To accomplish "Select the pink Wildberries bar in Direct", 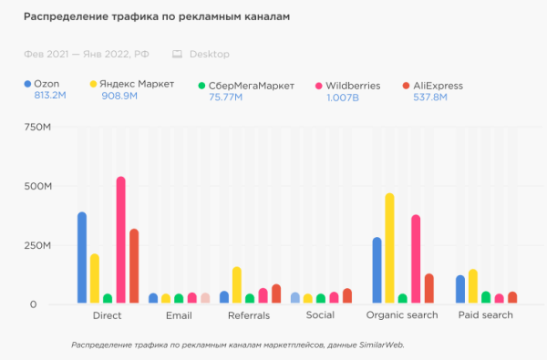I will tap(120, 241).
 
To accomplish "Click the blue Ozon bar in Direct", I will tap(82, 258).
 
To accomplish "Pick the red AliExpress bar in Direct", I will tap(134, 266).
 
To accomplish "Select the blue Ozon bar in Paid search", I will tap(460, 290).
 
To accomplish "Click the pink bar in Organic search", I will tap(416, 260).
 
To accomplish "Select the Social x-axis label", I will tap(319, 315).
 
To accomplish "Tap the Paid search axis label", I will tap(486, 315).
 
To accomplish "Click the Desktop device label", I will tap(211, 55).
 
